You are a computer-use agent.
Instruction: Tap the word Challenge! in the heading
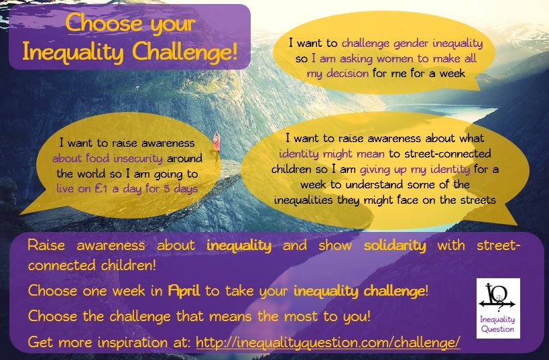tap(185, 52)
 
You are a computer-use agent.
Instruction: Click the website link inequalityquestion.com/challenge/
tap(328, 342)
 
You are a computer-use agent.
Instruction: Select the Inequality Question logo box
tap(498, 308)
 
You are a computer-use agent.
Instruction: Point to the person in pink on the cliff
tap(217, 145)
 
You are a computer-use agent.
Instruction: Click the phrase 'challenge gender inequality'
tap(412, 44)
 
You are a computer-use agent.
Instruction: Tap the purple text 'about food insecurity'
tap(107, 158)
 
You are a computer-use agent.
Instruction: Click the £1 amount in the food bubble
tap(101, 188)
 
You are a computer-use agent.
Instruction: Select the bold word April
tap(184, 291)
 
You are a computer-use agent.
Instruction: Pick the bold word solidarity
tap(395, 245)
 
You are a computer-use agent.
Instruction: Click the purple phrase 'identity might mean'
tap(332, 154)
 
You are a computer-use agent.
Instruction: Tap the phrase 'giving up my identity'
tap(415, 169)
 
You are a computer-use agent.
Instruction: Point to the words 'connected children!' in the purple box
tap(92, 265)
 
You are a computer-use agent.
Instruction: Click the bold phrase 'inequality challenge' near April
tap(359, 291)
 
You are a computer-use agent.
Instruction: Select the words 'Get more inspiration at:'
tap(109, 342)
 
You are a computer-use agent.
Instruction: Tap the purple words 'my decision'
tap(338, 74)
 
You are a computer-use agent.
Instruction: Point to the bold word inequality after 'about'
tap(239, 245)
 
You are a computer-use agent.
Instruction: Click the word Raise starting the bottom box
tap(46, 245)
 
